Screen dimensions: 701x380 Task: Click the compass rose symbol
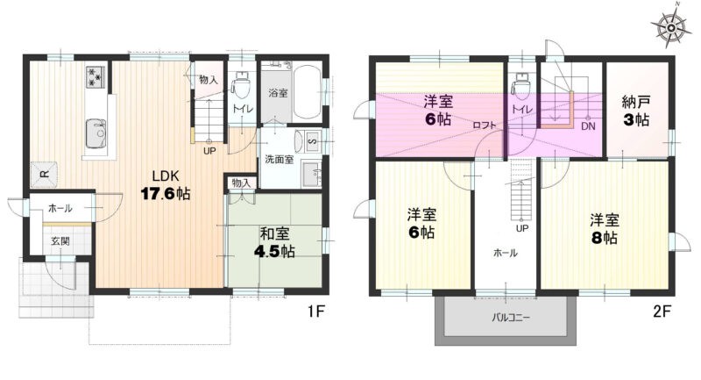click(671, 26)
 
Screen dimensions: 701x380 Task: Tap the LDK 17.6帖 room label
click(166, 184)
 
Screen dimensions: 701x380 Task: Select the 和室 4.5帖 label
click(274, 242)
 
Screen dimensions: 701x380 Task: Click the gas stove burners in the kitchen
click(96, 76)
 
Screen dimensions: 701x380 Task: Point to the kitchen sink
click(96, 133)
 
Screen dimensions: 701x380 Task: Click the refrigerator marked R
click(44, 174)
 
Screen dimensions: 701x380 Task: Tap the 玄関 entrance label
click(60, 241)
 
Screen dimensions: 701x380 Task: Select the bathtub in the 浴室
click(308, 92)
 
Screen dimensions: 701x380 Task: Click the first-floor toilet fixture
click(242, 85)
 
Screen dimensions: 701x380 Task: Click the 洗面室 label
click(279, 160)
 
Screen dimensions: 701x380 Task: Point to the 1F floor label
click(315, 311)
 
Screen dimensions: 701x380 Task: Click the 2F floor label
click(662, 311)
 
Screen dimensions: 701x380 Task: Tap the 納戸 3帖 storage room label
click(636, 111)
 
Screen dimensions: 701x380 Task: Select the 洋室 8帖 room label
click(605, 229)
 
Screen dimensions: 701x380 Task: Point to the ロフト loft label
click(485, 125)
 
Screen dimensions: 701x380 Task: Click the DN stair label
click(588, 126)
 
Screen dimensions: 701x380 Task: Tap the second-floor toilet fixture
click(520, 85)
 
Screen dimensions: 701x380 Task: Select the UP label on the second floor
click(522, 228)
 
